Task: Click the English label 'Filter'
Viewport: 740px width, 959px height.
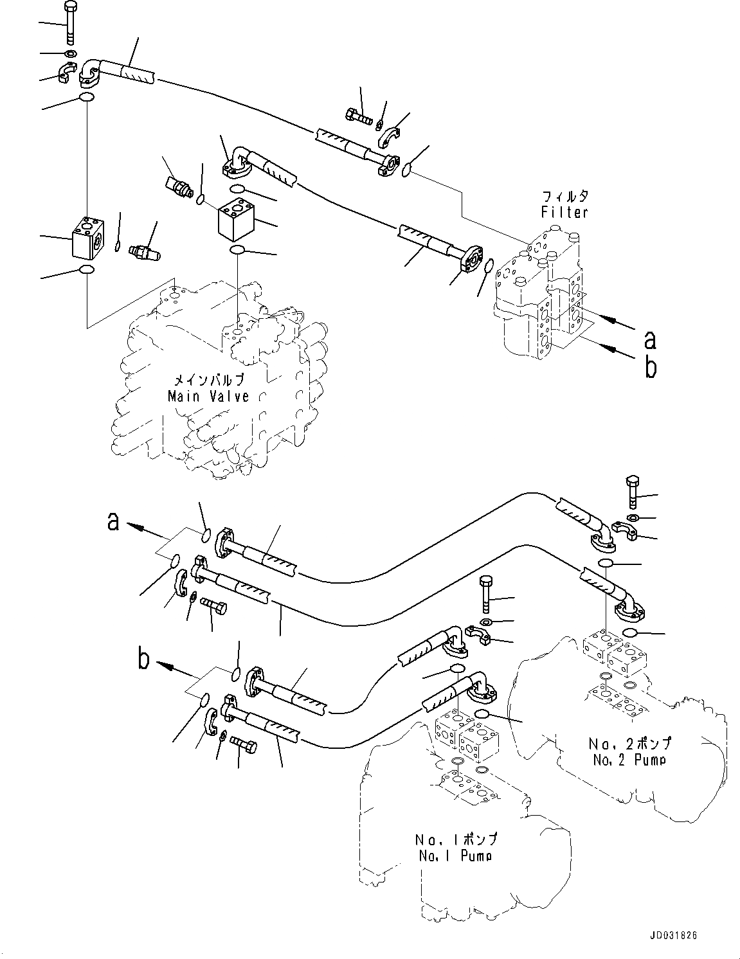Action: coord(564,211)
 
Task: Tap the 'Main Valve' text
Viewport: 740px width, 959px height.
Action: coord(208,396)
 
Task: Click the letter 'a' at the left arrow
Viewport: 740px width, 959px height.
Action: coord(114,522)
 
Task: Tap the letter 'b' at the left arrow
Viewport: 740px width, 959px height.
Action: coord(145,660)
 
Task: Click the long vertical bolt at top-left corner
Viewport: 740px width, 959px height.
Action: coord(69,24)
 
